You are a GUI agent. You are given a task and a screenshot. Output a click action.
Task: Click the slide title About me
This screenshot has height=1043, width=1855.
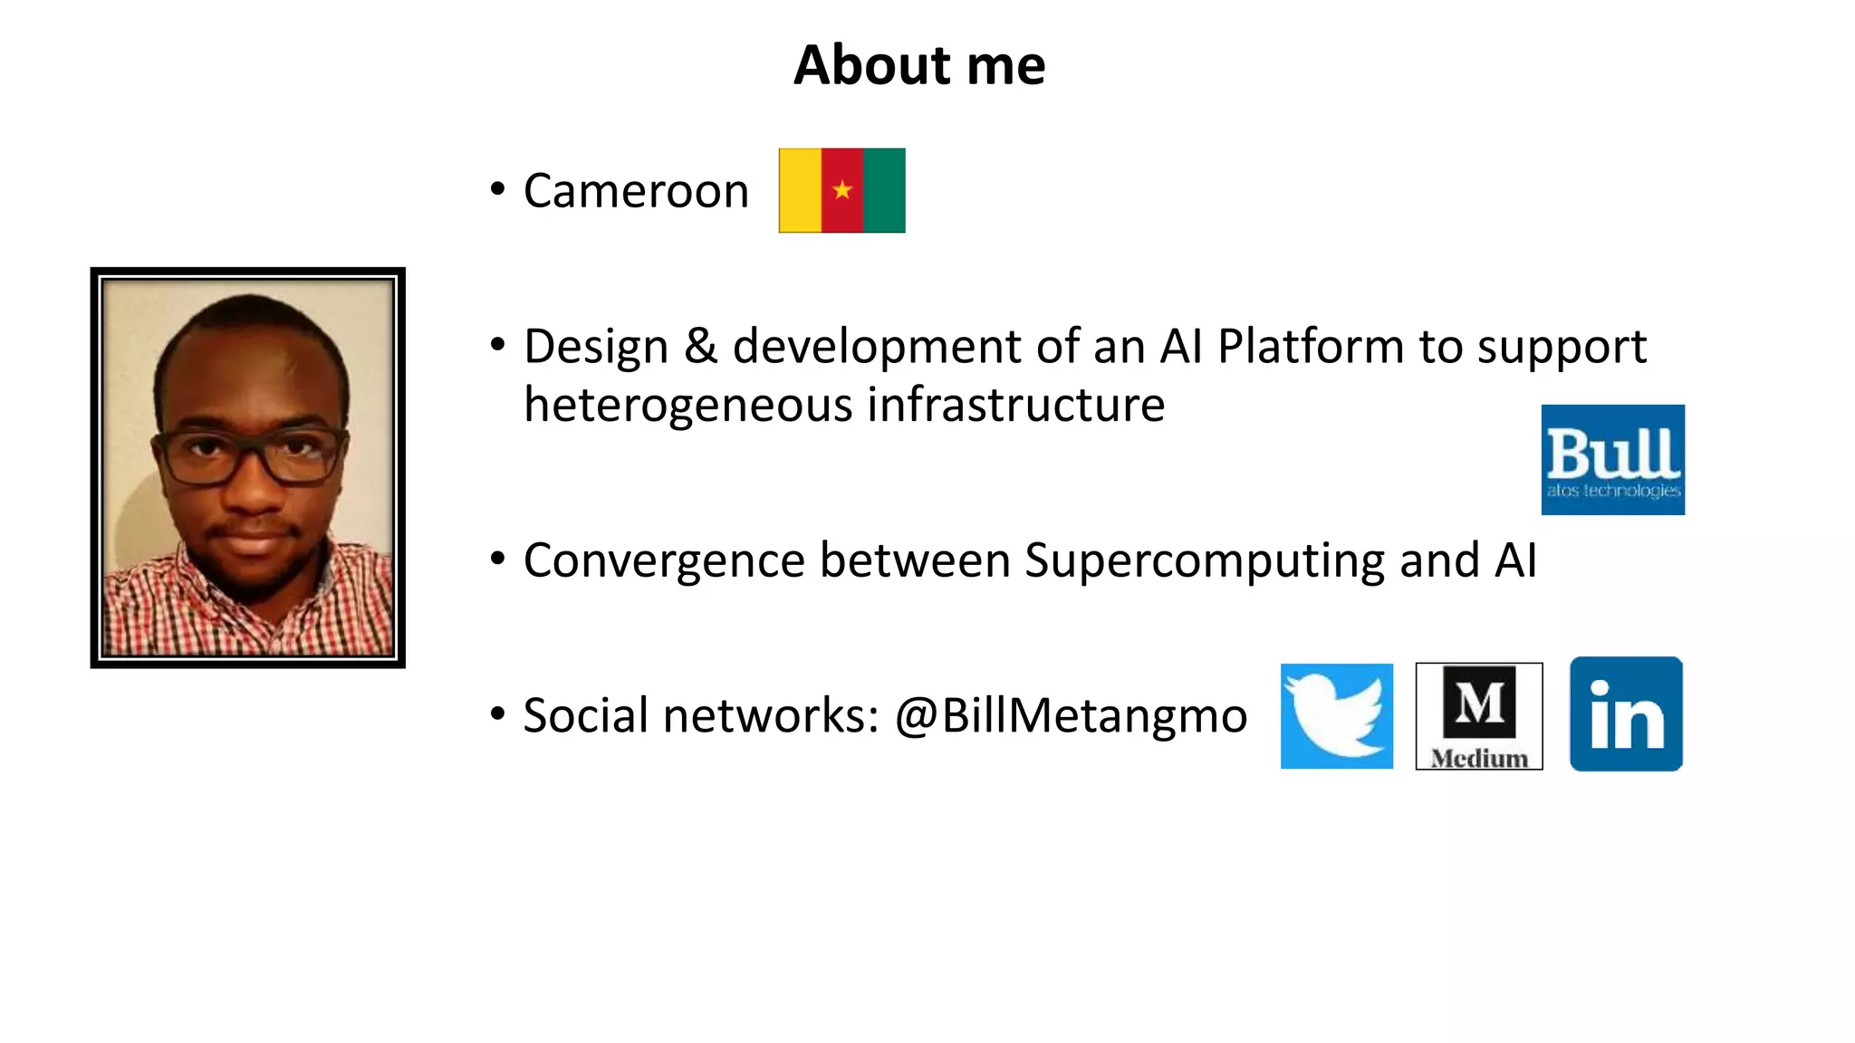[919, 65]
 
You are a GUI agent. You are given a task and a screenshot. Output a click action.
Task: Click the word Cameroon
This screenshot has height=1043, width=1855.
[636, 191]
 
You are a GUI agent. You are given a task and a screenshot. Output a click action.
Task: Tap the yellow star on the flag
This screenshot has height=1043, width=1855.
[842, 190]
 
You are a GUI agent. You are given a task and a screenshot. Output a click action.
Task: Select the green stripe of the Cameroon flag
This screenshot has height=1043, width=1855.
[884, 190]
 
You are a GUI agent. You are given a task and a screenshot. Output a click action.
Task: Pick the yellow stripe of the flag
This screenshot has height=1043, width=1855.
[800, 190]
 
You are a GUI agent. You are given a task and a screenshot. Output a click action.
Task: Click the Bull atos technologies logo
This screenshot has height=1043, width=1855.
[1612, 460]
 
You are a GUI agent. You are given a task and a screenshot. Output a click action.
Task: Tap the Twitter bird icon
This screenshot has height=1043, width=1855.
[1337, 716]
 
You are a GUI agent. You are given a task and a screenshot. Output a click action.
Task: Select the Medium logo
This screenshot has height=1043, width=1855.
[1479, 716]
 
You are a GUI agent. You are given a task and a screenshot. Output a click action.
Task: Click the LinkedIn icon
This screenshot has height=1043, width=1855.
[1626, 714]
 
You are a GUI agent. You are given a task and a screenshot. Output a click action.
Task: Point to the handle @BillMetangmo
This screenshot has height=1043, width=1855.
[1071, 716]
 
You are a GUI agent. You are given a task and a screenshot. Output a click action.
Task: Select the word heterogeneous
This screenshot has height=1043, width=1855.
[688, 405]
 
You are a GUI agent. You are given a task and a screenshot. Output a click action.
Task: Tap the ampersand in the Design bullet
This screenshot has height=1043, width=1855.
[700, 347]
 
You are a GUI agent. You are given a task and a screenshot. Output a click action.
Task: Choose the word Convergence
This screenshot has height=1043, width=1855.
[664, 560]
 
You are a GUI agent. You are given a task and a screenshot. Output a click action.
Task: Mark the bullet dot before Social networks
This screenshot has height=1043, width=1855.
[497, 714]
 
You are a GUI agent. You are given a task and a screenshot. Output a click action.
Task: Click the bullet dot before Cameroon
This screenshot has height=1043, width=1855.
[497, 189]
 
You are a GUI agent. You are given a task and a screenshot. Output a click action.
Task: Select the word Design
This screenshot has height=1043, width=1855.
[595, 347]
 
